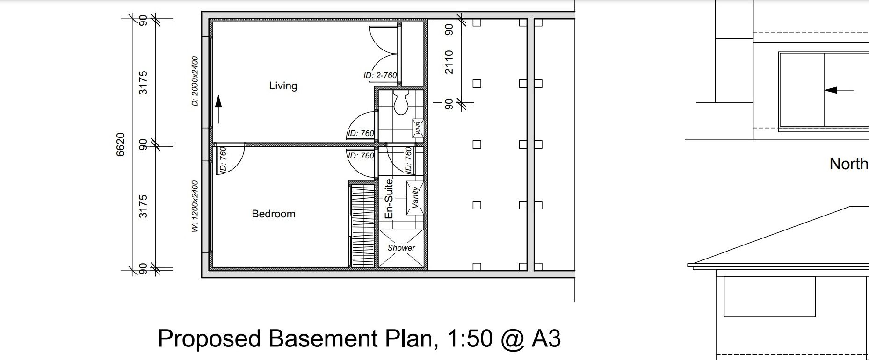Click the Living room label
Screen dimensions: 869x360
coord(283,86)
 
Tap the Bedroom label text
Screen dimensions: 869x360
coord(274,214)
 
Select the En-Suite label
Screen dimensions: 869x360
coord(389,199)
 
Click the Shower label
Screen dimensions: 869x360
coord(401,248)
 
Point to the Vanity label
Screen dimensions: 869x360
coord(415,197)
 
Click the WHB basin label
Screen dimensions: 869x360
coord(418,129)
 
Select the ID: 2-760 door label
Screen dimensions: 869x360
coord(380,75)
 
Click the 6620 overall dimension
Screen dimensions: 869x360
coord(121,144)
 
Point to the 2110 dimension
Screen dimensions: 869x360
coord(449,62)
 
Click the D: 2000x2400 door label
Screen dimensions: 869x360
coord(195,81)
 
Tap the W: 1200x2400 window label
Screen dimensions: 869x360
coord(195,206)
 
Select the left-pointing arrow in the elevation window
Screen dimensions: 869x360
coord(839,90)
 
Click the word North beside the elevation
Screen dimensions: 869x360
coord(849,164)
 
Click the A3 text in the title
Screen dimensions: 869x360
coord(546,338)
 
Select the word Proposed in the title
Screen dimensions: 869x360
coord(210,339)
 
